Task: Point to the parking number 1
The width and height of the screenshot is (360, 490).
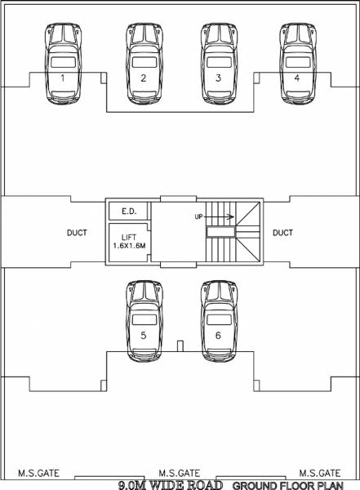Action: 63,78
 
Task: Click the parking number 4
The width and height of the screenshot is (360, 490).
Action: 297,78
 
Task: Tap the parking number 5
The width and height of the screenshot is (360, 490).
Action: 143,335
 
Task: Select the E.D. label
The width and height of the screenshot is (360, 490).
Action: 128,212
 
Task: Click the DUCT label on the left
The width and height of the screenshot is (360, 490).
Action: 77,234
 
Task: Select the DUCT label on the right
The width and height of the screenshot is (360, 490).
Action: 282,234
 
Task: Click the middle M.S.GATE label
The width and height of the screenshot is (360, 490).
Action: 180,473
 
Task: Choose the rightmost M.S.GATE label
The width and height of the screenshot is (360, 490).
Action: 319,473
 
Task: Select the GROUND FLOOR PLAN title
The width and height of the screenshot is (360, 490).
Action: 290,484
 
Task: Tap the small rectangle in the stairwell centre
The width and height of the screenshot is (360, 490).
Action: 220,232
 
